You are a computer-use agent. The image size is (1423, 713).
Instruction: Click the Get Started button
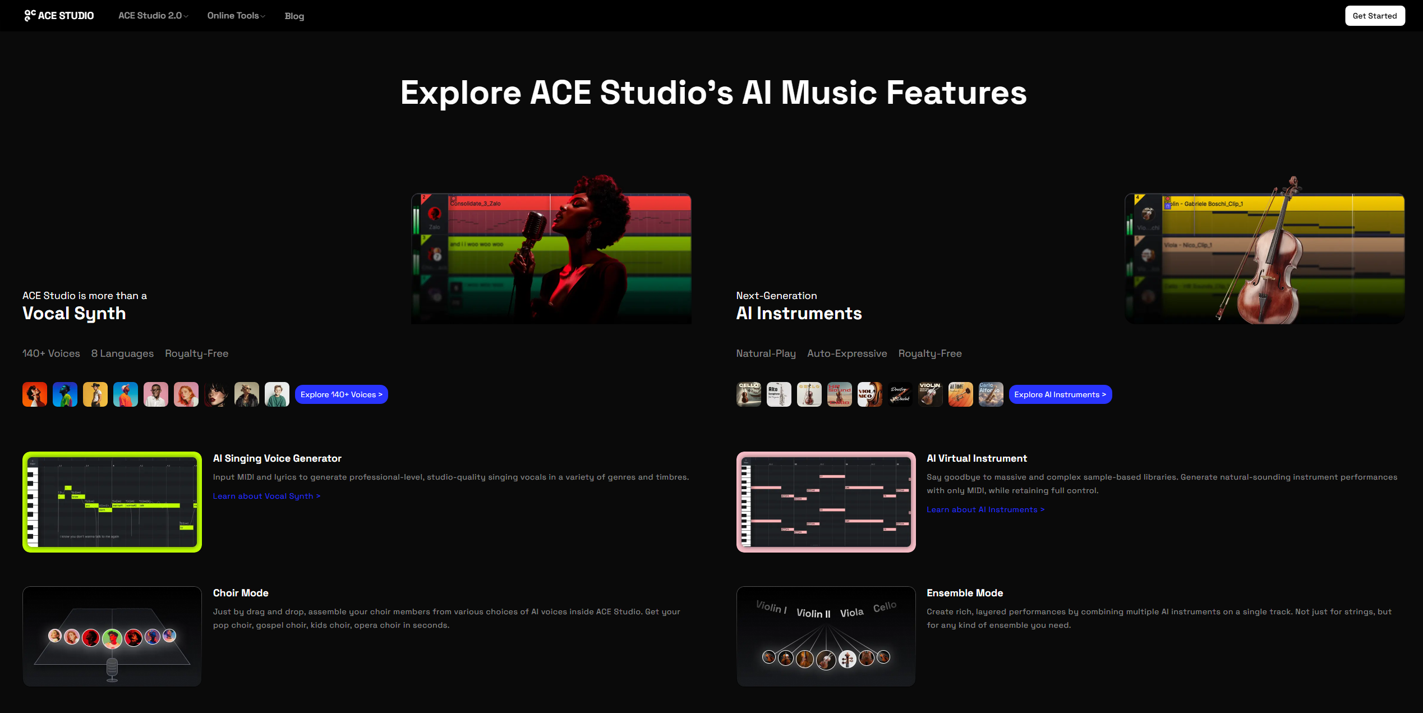(1374, 16)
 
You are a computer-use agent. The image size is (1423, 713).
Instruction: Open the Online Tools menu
(236, 16)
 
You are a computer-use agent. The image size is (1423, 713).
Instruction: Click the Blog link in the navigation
(294, 16)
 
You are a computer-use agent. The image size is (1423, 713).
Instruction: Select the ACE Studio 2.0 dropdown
(153, 16)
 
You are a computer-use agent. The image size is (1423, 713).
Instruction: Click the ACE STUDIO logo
(59, 16)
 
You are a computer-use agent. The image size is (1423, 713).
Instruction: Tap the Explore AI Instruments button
(1060, 394)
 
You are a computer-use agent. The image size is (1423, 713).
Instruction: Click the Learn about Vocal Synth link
(266, 496)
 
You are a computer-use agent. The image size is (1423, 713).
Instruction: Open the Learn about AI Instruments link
(985, 509)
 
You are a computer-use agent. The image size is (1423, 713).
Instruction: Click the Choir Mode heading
(241, 593)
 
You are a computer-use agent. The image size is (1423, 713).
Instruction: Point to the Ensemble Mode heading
(965, 593)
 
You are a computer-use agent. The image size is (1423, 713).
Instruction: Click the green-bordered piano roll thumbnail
(112, 502)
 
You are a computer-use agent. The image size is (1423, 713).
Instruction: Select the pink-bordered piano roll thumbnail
(826, 502)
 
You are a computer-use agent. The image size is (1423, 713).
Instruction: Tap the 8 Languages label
(122, 353)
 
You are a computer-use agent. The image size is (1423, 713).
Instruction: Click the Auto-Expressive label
(847, 353)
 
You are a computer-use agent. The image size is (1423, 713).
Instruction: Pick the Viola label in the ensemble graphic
(851, 613)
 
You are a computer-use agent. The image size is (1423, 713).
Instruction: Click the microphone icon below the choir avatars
(112, 669)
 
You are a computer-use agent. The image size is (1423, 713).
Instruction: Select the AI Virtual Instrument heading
(977, 458)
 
